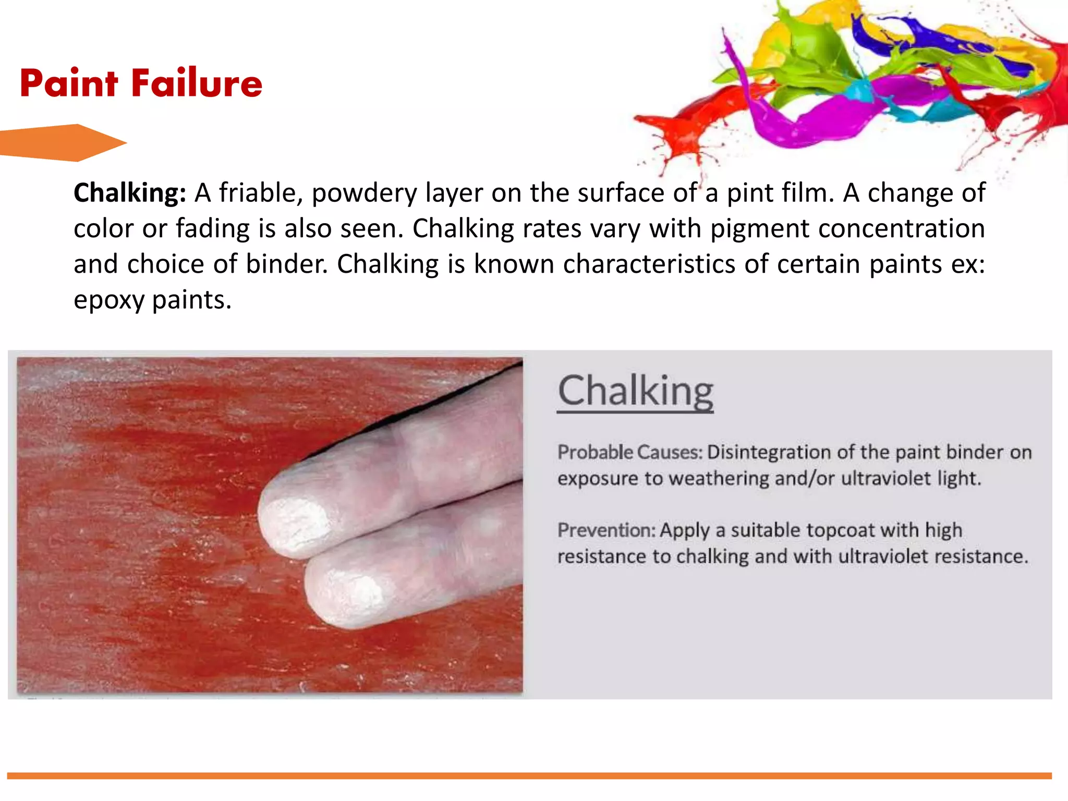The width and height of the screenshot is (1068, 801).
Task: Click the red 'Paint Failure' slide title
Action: point(141,83)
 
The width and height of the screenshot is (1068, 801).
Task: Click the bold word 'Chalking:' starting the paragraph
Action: point(130,193)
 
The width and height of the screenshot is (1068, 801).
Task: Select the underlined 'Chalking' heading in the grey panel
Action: point(635,391)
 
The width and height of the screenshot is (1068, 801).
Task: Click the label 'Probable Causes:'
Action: point(630,452)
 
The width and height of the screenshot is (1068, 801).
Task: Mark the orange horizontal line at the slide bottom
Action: point(529,775)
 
